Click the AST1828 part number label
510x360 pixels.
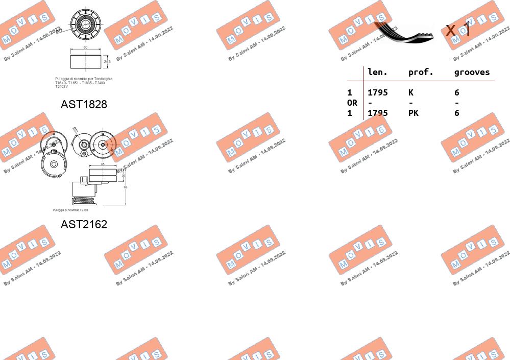tap(84, 104)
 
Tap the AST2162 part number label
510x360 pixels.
tap(84, 224)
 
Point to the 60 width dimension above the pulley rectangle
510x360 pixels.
tap(85, 47)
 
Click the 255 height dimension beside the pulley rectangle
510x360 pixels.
tap(107, 61)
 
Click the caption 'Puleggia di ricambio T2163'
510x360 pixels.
tap(70, 210)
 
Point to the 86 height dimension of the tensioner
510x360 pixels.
tap(126, 187)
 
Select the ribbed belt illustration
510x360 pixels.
tap(403, 32)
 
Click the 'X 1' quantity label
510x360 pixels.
tap(457, 30)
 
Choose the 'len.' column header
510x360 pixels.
tap(377, 73)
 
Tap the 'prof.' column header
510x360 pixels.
tap(420, 73)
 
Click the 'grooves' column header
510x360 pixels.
tap(472, 73)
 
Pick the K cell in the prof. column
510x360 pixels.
tap(411, 92)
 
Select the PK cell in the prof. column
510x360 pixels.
tap(413, 113)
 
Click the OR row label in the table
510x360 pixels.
tap(352, 103)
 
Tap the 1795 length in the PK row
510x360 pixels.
tap(378, 113)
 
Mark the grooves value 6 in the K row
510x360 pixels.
tap(457, 92)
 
